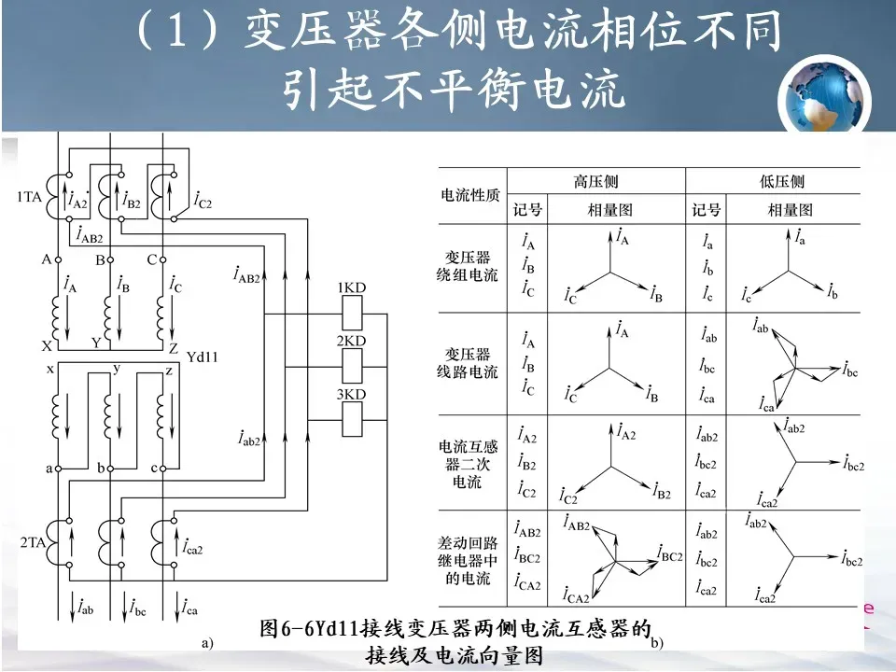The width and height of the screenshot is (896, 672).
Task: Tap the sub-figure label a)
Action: point(207,643)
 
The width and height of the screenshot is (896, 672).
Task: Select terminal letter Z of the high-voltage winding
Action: point(173,347)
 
